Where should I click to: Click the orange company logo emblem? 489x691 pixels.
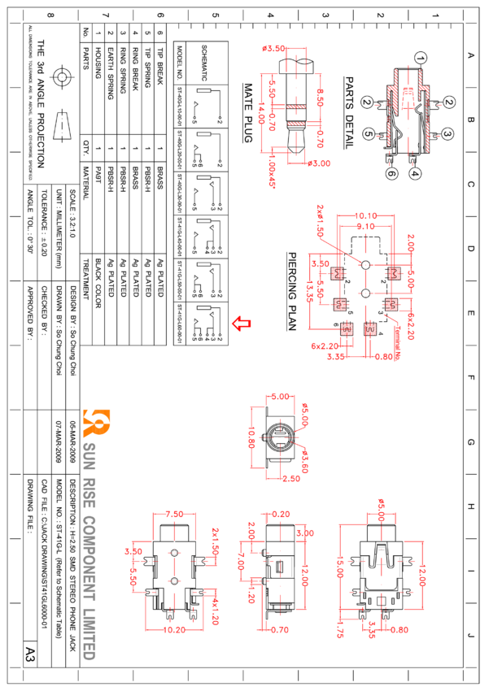(96, 423)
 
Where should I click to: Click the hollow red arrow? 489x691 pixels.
(241, 324)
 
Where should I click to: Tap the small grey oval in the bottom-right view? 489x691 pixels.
(381, 549)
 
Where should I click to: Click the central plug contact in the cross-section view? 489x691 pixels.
(406, 101)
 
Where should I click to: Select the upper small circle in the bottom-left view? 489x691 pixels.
(174, 553)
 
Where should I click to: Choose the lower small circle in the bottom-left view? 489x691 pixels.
(174, 581)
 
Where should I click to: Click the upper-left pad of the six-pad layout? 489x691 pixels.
(338, 273)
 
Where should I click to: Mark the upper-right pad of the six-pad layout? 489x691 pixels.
(395, 273)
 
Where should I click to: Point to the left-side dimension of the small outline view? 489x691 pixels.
(251, 440)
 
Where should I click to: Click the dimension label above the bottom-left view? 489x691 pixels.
(174, 514)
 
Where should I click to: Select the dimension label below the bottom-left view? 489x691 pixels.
(174, 629)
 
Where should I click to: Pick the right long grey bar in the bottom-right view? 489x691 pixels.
(399, 566)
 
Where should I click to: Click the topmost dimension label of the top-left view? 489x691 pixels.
(273, 49)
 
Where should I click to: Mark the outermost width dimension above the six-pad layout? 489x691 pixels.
(365, 215)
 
